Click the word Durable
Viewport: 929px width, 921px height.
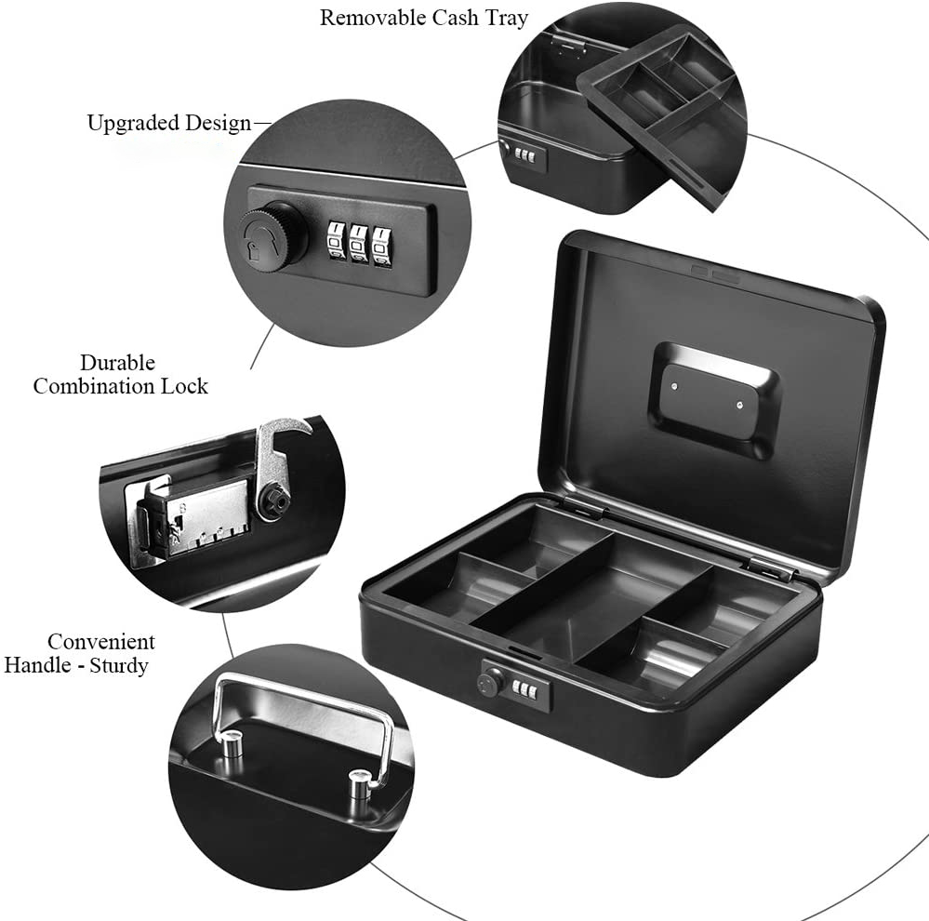[117, 362]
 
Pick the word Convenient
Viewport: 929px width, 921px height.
[100, 641]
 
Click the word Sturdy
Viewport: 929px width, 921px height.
[118, 665]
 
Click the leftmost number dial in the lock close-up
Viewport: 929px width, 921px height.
[335, 243]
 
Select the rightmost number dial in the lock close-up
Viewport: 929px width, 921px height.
[382, 242]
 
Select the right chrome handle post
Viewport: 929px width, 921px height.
[358, 782]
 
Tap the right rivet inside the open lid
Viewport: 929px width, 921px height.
[740, 406]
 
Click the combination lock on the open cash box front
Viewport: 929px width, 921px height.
[514, 686]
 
